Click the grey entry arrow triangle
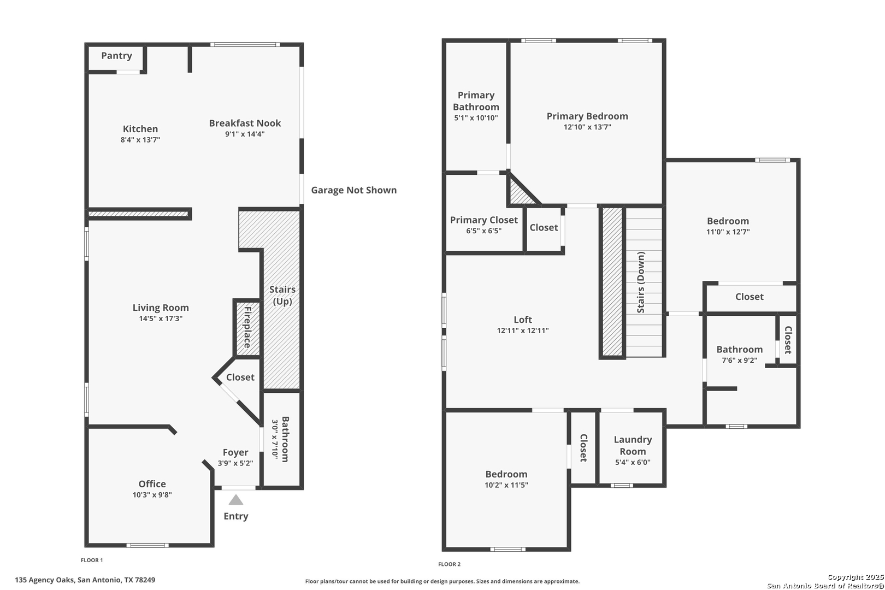pos(236,500)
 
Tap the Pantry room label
pos(116,56)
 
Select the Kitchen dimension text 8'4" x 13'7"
pos(140,139)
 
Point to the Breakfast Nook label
pos(245,123)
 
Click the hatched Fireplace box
pos(247,328)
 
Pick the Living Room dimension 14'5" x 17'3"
pos(161,318)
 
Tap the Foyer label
pos(235,452)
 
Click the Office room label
pos(152,483)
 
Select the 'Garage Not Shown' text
pos(353,190)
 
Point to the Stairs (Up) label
pos(282,295)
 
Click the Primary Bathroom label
pos(476,101)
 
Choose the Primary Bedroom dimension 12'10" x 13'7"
pos(587,127)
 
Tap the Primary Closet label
pos(484,220)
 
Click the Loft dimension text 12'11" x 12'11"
pos(523,331)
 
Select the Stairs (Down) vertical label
pos(641,282)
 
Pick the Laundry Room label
pos(633,445)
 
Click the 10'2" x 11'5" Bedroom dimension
pos(506,485)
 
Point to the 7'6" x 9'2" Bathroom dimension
pos(740,360)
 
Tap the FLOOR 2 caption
pos(449,564)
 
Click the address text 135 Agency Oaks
pos(44,580)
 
